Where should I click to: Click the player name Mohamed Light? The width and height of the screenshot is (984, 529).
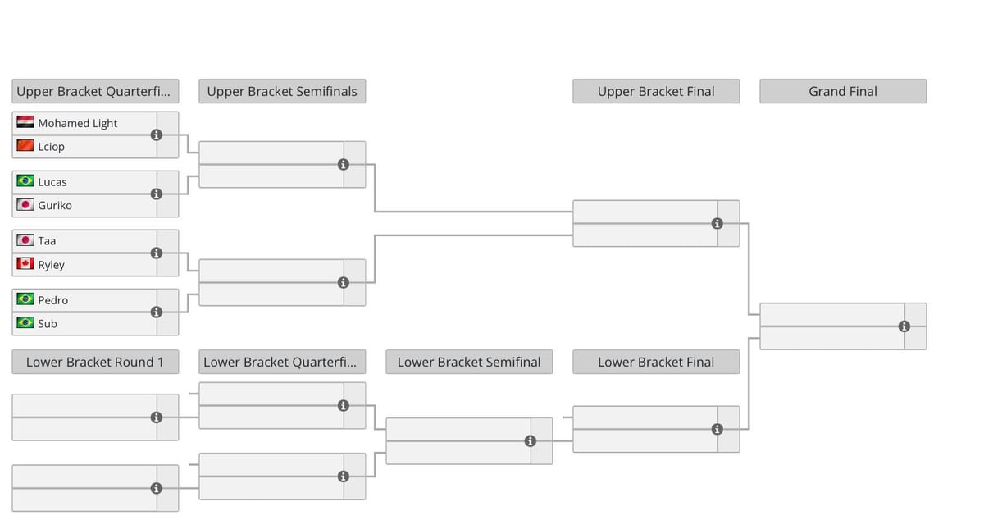[77, 123]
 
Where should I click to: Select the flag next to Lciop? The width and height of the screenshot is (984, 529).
[25, 146]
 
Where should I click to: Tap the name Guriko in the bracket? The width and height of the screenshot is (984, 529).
[55, 205]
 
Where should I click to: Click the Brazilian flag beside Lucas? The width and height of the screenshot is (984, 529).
[25, 181]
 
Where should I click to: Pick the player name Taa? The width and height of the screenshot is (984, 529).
[47, 240]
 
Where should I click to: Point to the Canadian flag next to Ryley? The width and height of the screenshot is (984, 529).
[25, 264]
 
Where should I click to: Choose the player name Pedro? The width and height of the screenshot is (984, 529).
[52, 300]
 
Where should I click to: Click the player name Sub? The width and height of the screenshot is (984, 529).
[48, 323]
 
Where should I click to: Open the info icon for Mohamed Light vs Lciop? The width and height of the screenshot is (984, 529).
[157, 135]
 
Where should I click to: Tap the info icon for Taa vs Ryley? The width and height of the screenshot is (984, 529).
[157, 253]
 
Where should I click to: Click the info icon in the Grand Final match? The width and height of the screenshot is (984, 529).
[904, 326]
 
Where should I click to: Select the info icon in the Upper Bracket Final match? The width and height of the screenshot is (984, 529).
[717, 223]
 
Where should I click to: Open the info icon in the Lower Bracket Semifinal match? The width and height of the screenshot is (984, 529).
[531, 441]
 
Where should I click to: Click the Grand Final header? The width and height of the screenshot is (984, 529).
[843, 91]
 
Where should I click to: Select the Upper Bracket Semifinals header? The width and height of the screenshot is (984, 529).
[282, 91]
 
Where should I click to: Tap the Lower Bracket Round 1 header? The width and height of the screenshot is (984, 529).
[95, 362]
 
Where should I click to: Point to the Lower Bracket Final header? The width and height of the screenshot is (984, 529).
[656, 362]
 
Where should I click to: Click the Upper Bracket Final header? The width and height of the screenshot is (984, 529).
[656, 91]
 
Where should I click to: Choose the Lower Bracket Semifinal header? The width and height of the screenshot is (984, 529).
[469, 362]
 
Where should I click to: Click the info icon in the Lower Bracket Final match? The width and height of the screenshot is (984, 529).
[717, 429]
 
